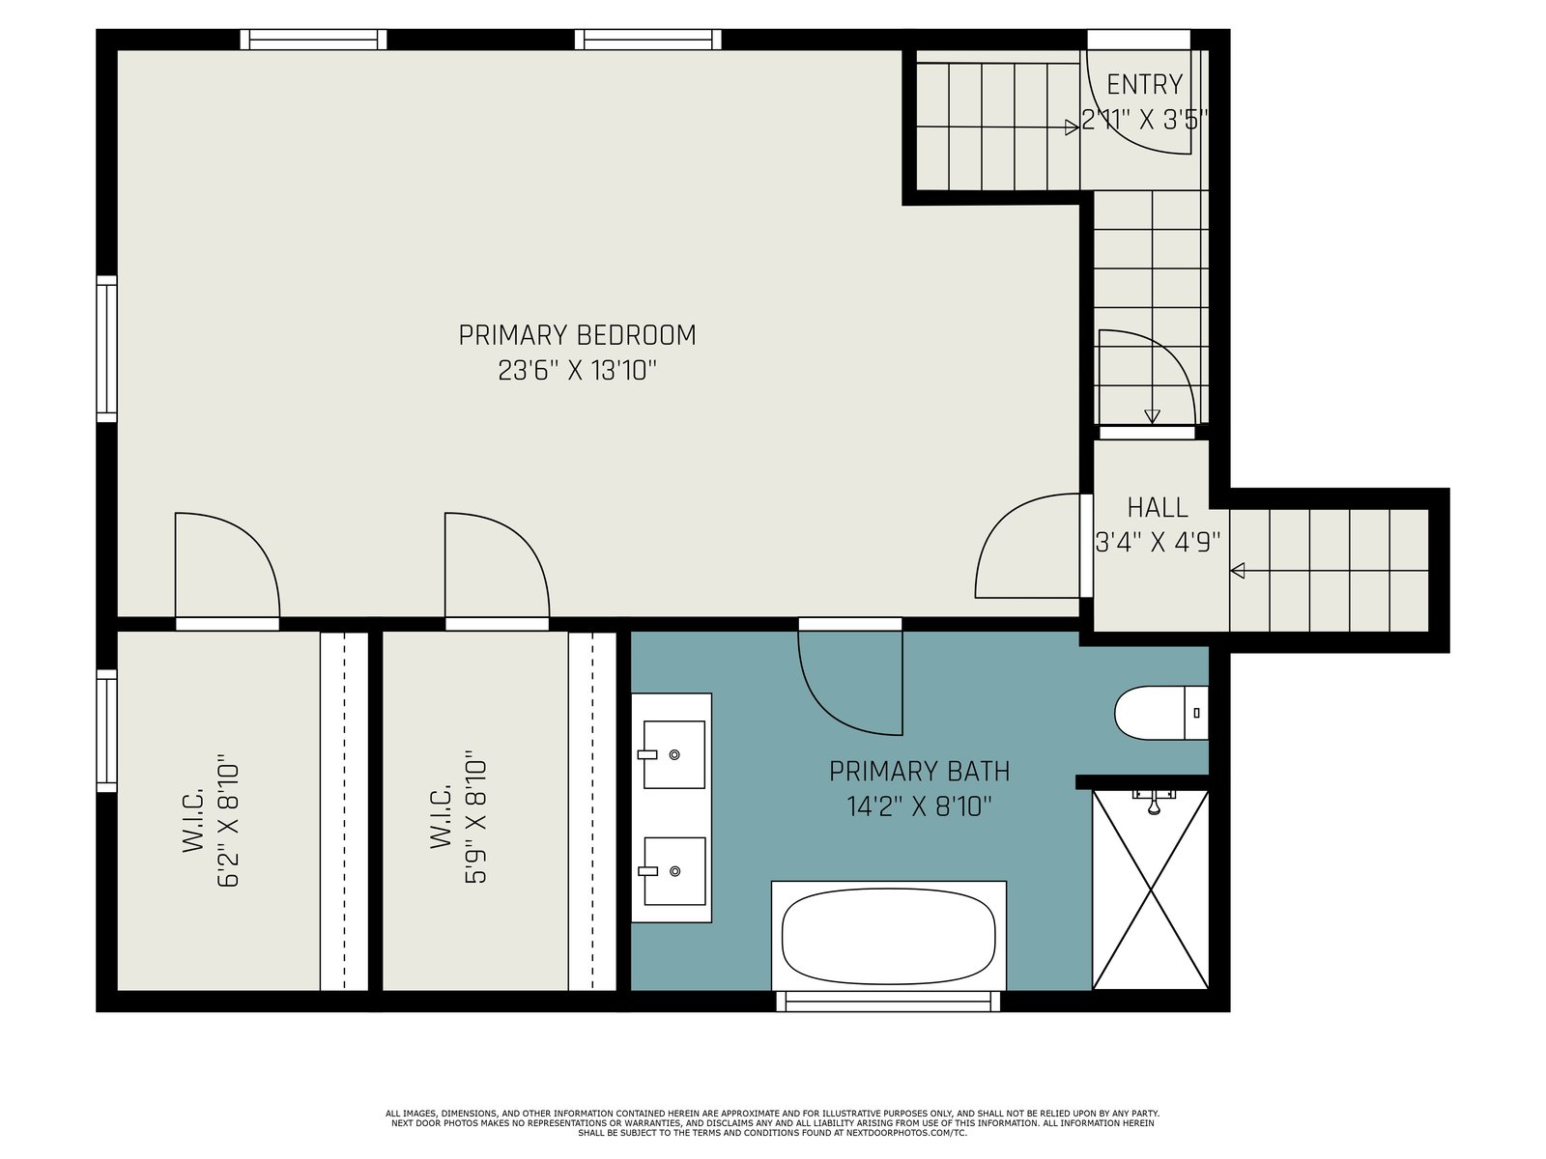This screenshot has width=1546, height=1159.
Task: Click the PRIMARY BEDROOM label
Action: click(577, 335)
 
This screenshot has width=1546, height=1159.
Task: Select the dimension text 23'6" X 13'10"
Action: click(577, 370)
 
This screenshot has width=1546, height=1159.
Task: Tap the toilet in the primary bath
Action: click(1160, 713)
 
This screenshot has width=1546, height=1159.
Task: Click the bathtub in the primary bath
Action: click(888, 936)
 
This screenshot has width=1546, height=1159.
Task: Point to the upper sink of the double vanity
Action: click(673, 754)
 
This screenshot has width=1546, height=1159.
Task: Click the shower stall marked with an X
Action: click(1150, 890)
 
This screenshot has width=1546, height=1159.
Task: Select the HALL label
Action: click(1158, 507)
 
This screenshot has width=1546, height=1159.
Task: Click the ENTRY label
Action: click(1145, 85)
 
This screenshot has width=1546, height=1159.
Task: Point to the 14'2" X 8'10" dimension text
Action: click(919, 806)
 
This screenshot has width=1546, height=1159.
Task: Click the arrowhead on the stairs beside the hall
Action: click(1237, 571)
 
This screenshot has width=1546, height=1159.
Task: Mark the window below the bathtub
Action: click(888, 1002)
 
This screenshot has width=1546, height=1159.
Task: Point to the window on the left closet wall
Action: click(106, 730)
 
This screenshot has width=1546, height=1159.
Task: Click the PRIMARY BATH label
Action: click(919, 772)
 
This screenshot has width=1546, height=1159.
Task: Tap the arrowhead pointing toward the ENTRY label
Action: click(1072, 127)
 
